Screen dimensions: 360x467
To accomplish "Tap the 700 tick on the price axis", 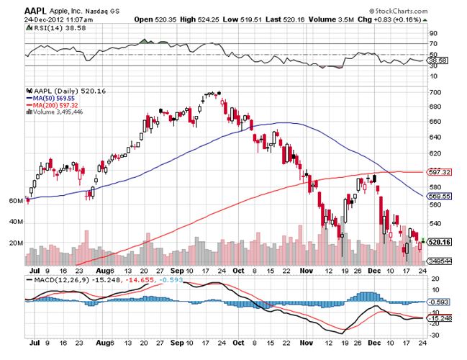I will (x=434, y=93).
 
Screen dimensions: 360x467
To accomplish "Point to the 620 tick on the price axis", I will (x=434, y=154).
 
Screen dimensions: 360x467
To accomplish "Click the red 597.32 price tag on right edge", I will (x=436, y=172).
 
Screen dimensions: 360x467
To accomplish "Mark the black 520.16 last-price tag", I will (x=437, y=243).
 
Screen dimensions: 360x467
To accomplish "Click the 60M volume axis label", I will (x=16, y=202).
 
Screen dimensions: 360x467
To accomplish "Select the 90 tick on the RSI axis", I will (x=433, y=33).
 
